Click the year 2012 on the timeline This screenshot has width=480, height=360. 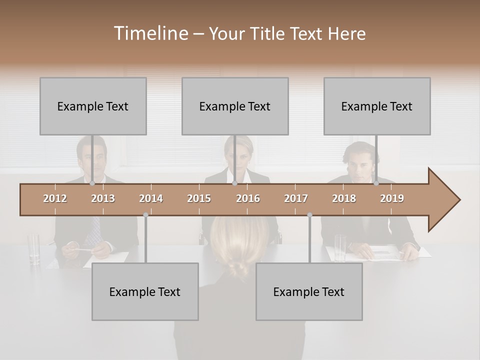pyautogui.click(x=55, y=198)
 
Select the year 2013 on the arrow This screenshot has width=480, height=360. pyautogui.click(x=103, y=198)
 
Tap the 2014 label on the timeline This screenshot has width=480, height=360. pyautogui.click(x=151, y=198)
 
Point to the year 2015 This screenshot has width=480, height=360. pyautogui.click(x=199, y=198)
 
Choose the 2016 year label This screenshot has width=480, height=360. pyautogui.click(x=248, y=198)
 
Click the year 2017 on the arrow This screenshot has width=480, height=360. pyautogui.click(x=296, y=198)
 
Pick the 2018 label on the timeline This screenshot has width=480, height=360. pyautogui.click(x=344, y=198)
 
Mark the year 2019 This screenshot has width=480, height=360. pyautogui.click(x=392, y=198)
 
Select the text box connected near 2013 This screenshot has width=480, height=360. pyautogui.click(x=93, y=106)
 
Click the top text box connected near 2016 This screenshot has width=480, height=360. pyautogui.click(x=235, y=106)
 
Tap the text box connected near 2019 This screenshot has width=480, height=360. pyautogui.click(x=377, y=106)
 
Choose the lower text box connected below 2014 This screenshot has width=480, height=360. pyautogui.click(x=145, y=291)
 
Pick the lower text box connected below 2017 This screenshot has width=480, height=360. pyautogui.click(x=309, y=291)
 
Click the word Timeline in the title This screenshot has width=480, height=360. pyautogui.click(x=150, y=33)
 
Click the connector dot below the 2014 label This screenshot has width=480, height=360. pyautogui.click(x=145, y=215)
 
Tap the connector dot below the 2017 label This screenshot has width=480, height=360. pyautogui.click(x=309, y=215)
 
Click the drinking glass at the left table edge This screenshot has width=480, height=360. pyautogui.click(x=34, y=248)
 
